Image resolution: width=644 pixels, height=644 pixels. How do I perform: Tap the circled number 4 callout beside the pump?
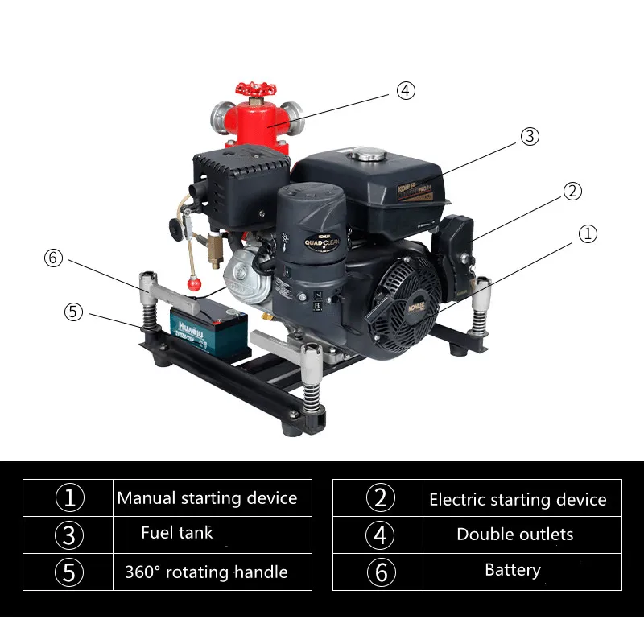406,90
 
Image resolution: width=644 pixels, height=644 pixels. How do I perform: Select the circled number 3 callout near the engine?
529,136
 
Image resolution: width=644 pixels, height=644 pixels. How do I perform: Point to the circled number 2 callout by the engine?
572,191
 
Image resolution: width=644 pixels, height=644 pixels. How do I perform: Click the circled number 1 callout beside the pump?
588,233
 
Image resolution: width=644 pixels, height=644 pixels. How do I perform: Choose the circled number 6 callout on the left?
53,258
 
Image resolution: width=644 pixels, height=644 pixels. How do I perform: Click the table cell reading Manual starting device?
207,498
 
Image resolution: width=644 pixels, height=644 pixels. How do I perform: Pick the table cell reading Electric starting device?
518,500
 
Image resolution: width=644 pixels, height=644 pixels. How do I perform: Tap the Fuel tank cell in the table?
177,532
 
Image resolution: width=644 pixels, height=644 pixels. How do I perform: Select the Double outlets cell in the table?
514,535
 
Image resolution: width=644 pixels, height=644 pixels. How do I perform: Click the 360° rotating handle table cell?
206,572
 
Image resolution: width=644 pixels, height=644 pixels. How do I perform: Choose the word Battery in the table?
513,570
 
